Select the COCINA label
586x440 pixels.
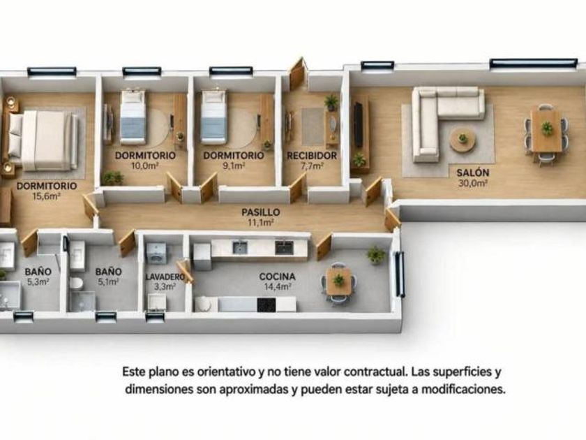[x=278, y=277]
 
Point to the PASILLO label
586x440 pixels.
[x=260, y=212]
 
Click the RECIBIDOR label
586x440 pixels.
[x=312, y=156]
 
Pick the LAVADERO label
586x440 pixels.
[x=165, y=277]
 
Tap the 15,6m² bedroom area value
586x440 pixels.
[x=47, y=196]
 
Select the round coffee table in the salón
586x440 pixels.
[x=463, y=140]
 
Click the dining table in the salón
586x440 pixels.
[x=547, y=131]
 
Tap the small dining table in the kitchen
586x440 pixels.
[x=339, y=281]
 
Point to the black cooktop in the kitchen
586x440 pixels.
[x=266, y=305]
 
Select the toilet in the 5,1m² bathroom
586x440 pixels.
[x=77, y=284]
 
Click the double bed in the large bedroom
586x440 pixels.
[x=43, y=140]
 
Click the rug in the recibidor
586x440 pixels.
[x=313, y=127]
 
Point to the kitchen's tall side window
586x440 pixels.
[x=400, y=274]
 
